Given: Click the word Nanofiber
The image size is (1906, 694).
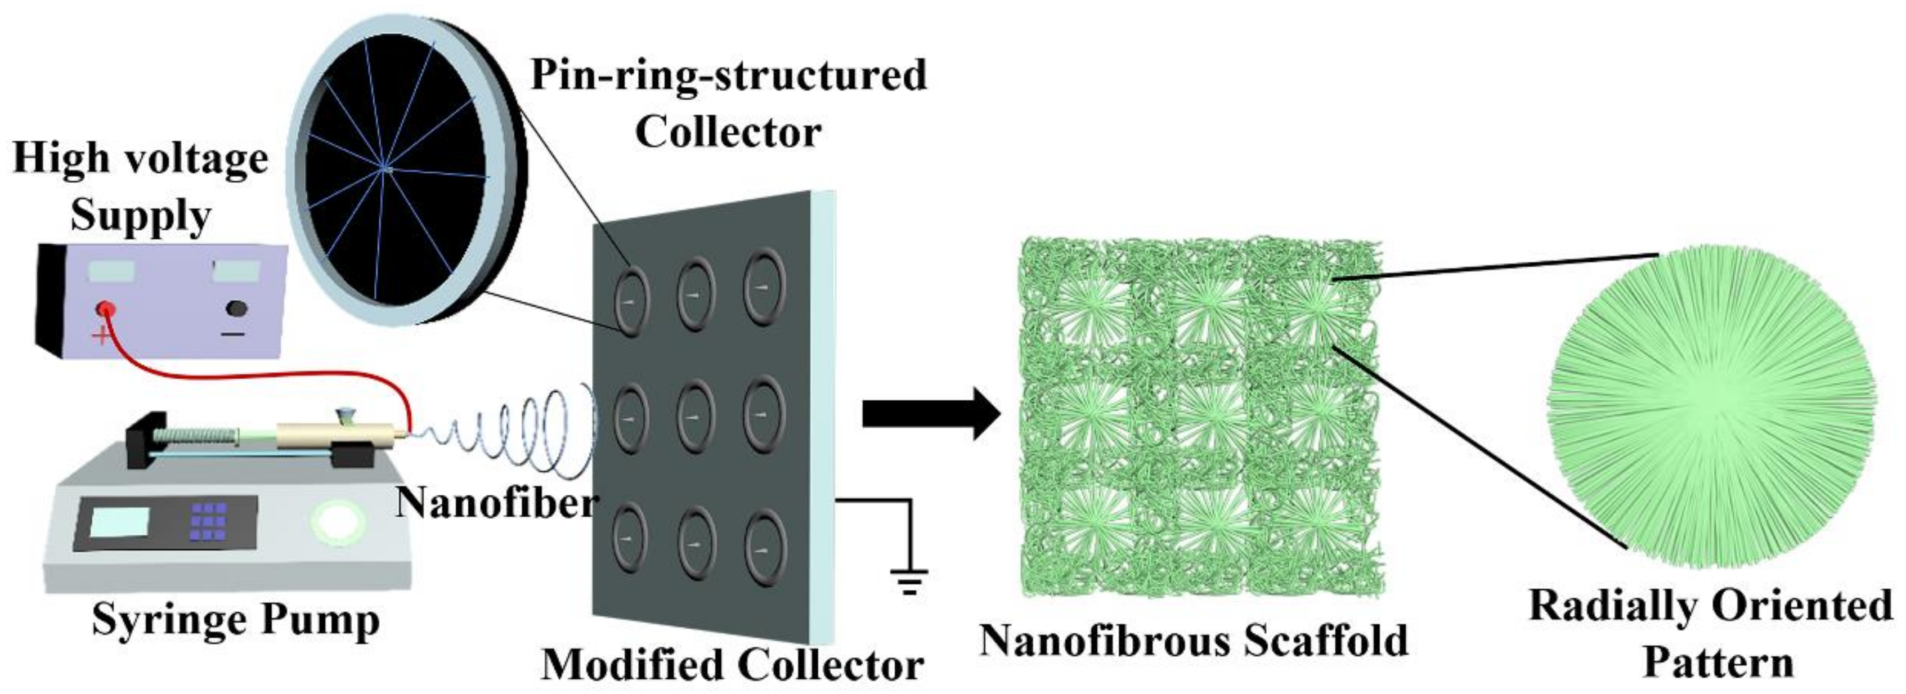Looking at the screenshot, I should (496, 503).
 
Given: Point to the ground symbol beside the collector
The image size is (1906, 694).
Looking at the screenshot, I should (909, 580).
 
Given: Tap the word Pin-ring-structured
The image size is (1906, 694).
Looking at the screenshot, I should (728, 75).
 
